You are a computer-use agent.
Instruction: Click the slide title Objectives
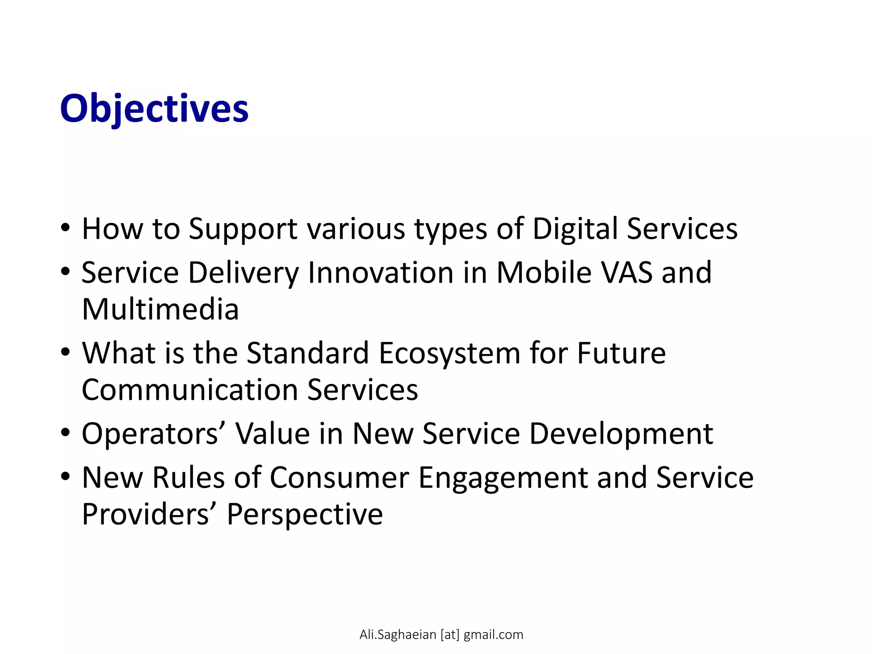[x=154, y=109]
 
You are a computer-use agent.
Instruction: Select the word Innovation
[x=380, y=272]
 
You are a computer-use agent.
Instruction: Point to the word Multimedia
[x=160, y=310]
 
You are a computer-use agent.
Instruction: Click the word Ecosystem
[x=449, y=353]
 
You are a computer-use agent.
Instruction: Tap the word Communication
[x=189, y=390]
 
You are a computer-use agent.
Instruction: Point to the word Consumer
[x=339, y=478]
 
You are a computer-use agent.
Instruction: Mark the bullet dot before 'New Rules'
[x=65, y=476]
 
